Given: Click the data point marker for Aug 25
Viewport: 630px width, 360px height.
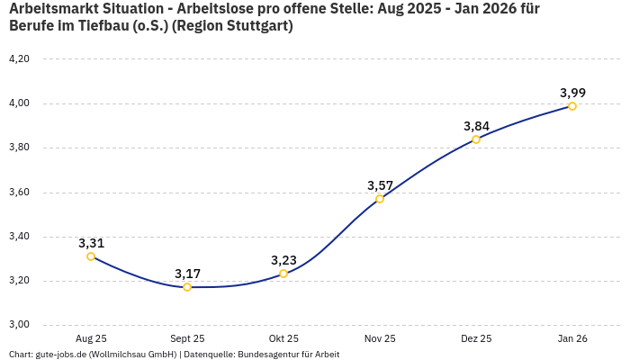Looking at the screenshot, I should coord(91,256).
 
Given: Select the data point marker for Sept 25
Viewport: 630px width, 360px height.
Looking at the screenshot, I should coord(187,287).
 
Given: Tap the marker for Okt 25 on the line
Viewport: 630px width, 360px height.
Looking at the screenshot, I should coord(283,274).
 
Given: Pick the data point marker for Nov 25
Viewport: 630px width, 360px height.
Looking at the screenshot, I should coord(380,198).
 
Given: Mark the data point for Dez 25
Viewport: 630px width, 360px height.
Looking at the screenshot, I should coord(476,139).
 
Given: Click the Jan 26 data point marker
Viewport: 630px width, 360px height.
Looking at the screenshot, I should coord(572,106).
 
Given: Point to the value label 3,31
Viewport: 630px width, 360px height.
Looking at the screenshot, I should coord(91,243).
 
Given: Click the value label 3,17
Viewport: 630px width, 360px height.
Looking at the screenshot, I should coord(187,274).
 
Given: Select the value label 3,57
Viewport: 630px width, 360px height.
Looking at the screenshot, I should coord(380,185).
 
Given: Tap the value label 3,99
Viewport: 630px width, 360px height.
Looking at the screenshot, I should coord(572,93).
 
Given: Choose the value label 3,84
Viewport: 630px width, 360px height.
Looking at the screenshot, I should coord(476,126).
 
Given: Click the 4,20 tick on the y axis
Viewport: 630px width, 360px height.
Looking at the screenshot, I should coord(19,58).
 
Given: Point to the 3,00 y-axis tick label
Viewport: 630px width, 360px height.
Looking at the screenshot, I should coord(19,325).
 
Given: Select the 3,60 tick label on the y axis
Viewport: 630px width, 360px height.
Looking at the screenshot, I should coord(19,192).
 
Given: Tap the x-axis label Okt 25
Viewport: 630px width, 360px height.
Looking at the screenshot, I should coord(283,338).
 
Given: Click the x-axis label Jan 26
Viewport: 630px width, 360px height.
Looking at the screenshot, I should coord(572,338).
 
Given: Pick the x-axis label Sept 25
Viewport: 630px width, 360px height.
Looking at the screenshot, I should coord(187,338).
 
